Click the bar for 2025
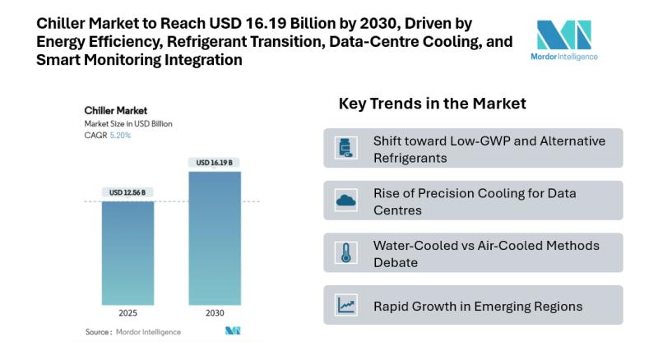coord(127,253)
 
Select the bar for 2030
coord(215,238)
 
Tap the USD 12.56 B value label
coord(127,192)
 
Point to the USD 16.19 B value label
coord(215,163)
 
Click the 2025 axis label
coord(127,312)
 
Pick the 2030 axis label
coord(215,312)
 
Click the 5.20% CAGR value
coord(120,135)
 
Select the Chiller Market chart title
coord(116,111)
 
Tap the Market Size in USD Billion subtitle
coord(128,124)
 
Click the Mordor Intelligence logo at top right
coord(564,40)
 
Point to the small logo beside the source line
coord(233,330)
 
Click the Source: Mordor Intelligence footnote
coord(133,332)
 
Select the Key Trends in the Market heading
coord(433,104)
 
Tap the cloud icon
coord(345,201)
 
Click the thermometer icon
coord(345,252)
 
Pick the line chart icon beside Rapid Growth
coord(345,305)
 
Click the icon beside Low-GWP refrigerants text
coord(345,148)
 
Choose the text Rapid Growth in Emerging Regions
coord(478,307)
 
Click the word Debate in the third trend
coord(396,263)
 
